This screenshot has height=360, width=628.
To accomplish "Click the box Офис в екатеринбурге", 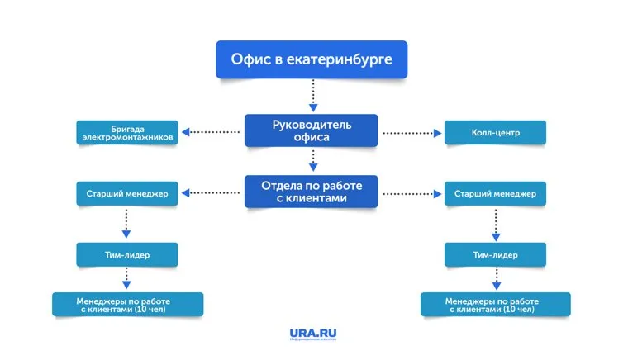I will tap(311, 59).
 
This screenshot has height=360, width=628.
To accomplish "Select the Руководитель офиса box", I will tap(311, 130).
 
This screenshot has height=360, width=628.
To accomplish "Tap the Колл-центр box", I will tap(495, 132).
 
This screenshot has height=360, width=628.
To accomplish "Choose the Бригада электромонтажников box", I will tap(126, 133).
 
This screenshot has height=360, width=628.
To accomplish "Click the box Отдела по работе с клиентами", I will tap(311, 192).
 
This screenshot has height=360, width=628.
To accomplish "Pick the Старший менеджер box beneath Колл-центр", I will tap(495, 194).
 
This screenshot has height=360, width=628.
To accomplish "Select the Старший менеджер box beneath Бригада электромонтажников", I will tap(126, 194).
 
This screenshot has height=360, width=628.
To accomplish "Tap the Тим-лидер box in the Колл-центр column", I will tap(495, 255).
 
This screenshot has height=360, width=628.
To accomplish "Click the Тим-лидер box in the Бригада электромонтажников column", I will tap(126, 255).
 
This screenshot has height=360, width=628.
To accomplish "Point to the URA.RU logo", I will tap(313, 334).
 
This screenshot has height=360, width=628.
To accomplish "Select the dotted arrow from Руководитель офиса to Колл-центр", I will tap(411, 132).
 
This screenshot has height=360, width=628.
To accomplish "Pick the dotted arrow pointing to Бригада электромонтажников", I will tap(212, 132).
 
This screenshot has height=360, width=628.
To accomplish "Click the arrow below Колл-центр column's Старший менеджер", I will tap(495, 224).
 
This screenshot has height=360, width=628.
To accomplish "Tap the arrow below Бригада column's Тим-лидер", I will tap(126, 277).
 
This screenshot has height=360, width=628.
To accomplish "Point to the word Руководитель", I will tap(312, 124).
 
